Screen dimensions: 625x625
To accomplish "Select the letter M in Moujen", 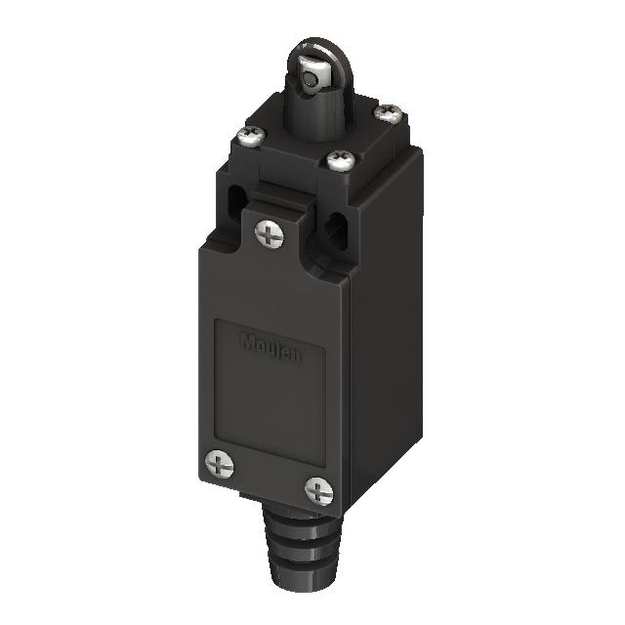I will click(x=246, y=341).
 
